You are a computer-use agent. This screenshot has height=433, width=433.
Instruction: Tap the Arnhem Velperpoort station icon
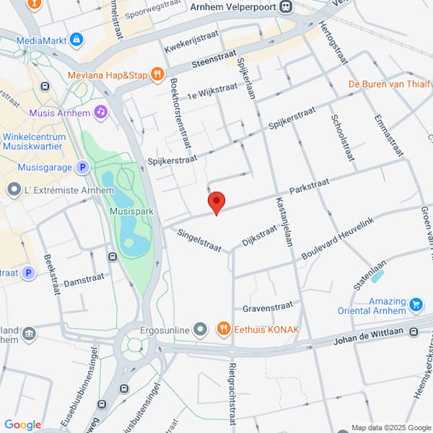(x=287, y=6)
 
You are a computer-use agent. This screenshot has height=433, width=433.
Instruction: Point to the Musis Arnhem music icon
(x=101, y=112)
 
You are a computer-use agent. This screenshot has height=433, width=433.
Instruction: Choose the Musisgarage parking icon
(x=83, y=167)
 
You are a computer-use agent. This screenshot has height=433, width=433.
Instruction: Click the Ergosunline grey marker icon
(x=201, y=330)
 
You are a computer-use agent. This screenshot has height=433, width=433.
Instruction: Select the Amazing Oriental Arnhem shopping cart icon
(x=416, y=305)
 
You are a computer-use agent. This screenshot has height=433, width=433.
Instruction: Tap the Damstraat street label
(x=84, y=279)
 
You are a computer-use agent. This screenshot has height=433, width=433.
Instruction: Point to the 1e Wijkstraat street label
(x=212, y=91)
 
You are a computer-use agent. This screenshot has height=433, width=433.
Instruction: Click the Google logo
(x=22, y=425)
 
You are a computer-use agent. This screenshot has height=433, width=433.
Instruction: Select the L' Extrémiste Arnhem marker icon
(x=14, y=190)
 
